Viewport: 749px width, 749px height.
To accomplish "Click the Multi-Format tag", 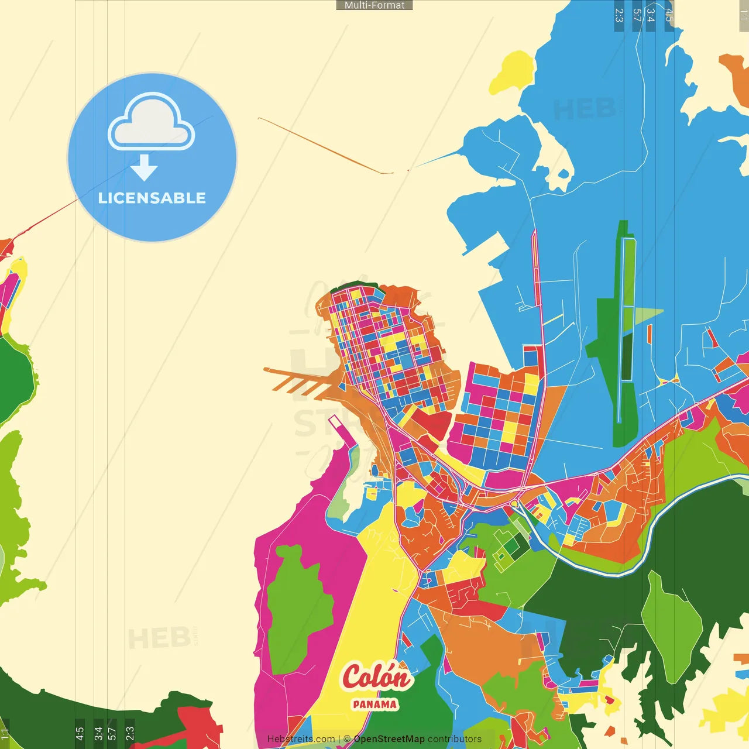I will [374, 5].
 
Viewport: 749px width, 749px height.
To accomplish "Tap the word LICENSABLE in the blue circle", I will [152, 198].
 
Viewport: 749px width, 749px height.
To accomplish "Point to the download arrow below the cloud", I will [144, 168].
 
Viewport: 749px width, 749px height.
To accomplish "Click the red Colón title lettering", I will [376, 677].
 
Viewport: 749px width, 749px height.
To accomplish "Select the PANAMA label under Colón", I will [374, 705].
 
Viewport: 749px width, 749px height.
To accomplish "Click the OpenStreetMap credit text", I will [389, 739].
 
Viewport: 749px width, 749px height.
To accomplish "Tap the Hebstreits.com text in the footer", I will [301, 739].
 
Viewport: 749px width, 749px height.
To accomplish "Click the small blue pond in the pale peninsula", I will [564, 174].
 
